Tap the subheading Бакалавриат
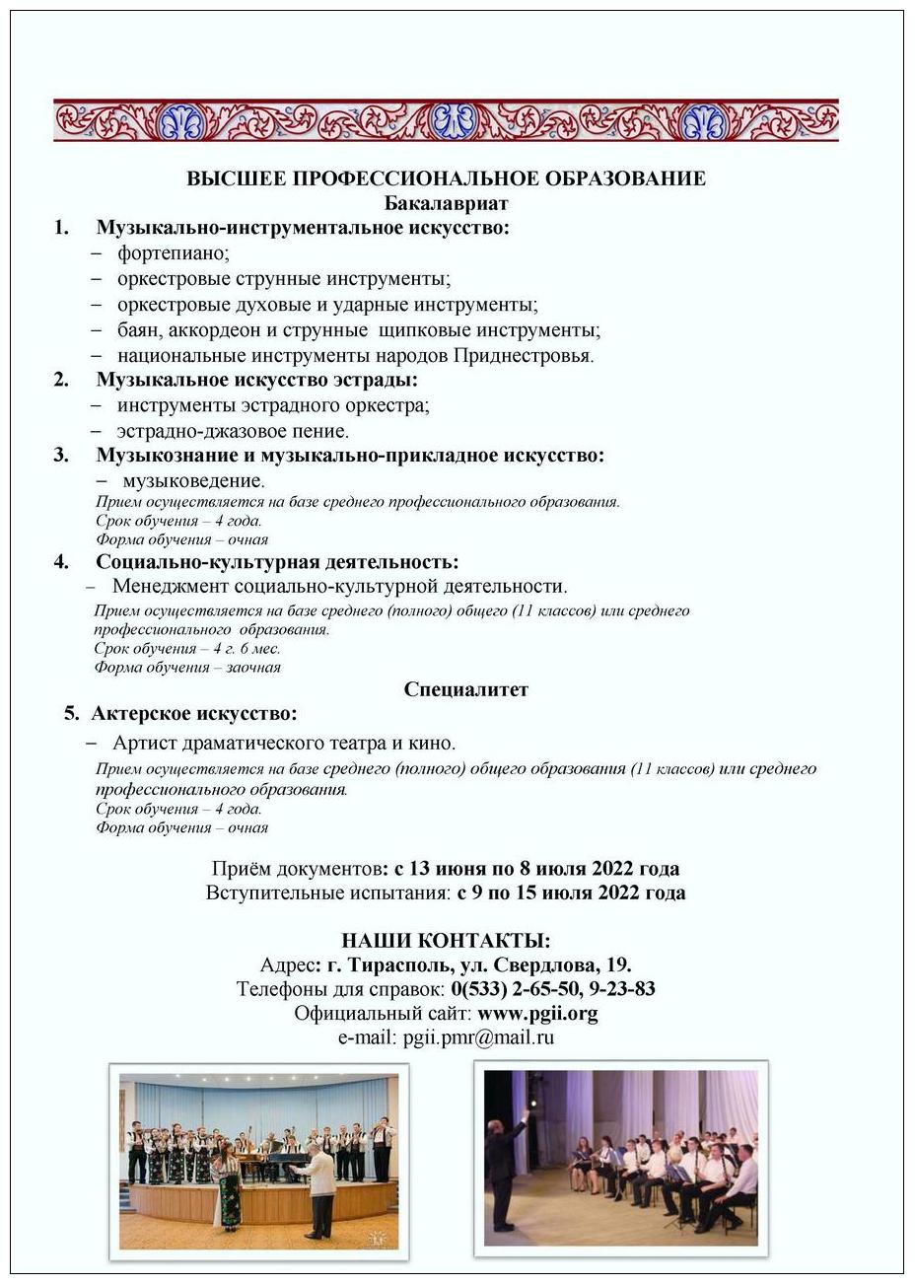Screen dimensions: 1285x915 click(447, 203)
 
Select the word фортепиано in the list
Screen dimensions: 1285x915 click(173, 253)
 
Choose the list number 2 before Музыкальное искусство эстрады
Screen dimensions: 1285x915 click(61, 380)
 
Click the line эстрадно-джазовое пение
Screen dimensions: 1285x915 click(233, 431)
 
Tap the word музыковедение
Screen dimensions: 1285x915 click(193, 481)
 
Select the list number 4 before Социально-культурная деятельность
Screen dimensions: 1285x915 click(61, 562)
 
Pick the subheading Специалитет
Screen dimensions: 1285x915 click(465, 689)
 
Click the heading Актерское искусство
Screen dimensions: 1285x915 click(193, 713)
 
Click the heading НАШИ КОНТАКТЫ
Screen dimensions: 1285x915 click(446, 940)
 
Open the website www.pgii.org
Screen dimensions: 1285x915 click(537, 1013)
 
